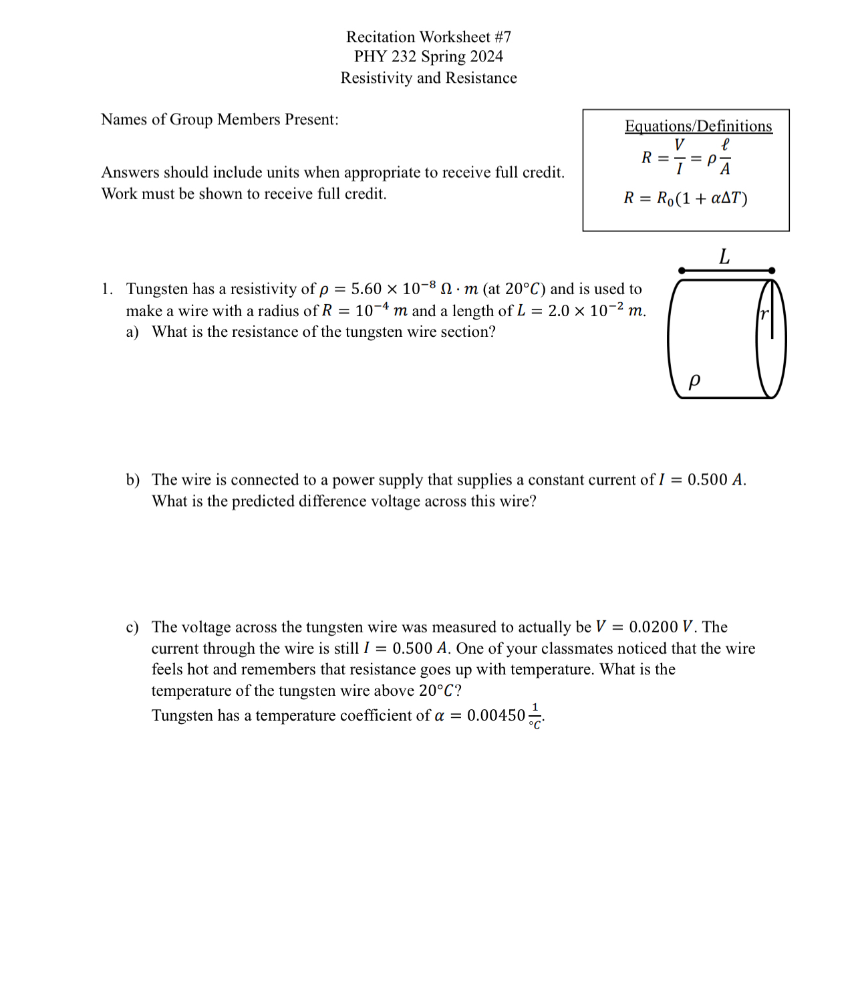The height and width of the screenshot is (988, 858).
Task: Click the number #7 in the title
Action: pyautogui.click(x=503, y=37)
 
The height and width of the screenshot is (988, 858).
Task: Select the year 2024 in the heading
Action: pyautogui.click(x=486, y=57)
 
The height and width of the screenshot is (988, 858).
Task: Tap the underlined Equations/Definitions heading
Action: pyautogui.click(x=698, y=126)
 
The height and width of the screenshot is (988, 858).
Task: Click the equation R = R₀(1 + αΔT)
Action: pyautogui.click(x=686, y=199)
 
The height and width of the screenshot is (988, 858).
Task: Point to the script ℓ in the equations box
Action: pyautogui.click(x=725, y=144)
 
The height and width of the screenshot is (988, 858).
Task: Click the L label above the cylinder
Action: pyautogui.click(x=724, y=257)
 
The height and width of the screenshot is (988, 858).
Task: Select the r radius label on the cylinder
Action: pyautogui.click(x=764, y=314)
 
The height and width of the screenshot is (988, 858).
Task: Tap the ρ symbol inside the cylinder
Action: pyautogui.click(x=694, y=381)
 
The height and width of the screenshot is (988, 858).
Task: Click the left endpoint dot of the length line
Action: pyautogui.click(x=682, y=271)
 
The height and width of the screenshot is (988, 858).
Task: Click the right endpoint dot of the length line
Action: pyautogui.click(x=772, y=271)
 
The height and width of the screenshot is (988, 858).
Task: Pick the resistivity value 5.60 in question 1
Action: pyautogui.click(x=366, y=289)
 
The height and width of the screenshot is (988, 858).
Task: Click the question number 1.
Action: pyautogui.click(x=106, y=289)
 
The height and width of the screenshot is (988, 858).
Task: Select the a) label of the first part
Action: pyautogui.click(x=132, y=332)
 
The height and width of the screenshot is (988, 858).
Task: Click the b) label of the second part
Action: pyautogui.click(x=132, y=480)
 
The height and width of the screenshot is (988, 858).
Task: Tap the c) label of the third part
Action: pyautogui.click(x=132, y=627)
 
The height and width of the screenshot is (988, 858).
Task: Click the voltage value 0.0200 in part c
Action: pyautogui.click(x=653, y=627)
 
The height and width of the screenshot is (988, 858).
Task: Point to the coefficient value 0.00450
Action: pyautogui.click(x=496, y=716)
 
